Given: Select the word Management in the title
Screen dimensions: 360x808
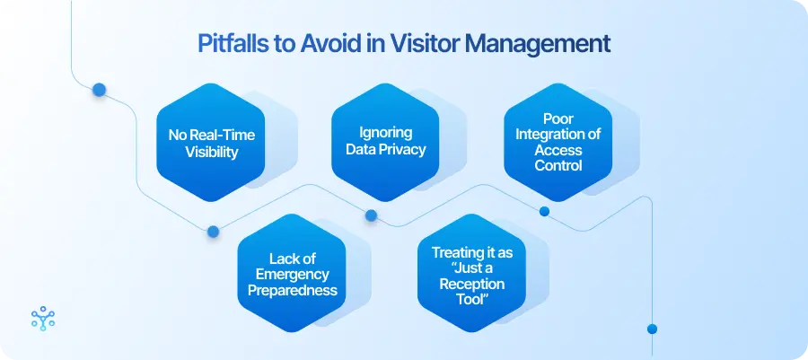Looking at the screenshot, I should pyautogui.click(x=552, y=43).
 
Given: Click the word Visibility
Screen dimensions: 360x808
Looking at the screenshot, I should pyautogui.click(x=212, y=152).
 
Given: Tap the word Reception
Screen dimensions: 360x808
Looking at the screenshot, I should pyautogui.click(x=472, y=284).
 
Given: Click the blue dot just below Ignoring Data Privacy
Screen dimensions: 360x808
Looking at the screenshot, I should pyautogui.click(x=370, y=215).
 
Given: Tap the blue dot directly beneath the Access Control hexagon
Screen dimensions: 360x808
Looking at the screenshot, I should pyautogui.click(x=543, y=212).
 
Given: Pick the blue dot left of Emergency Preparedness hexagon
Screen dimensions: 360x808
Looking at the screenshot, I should pyautogui.click(x=213, y=231).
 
